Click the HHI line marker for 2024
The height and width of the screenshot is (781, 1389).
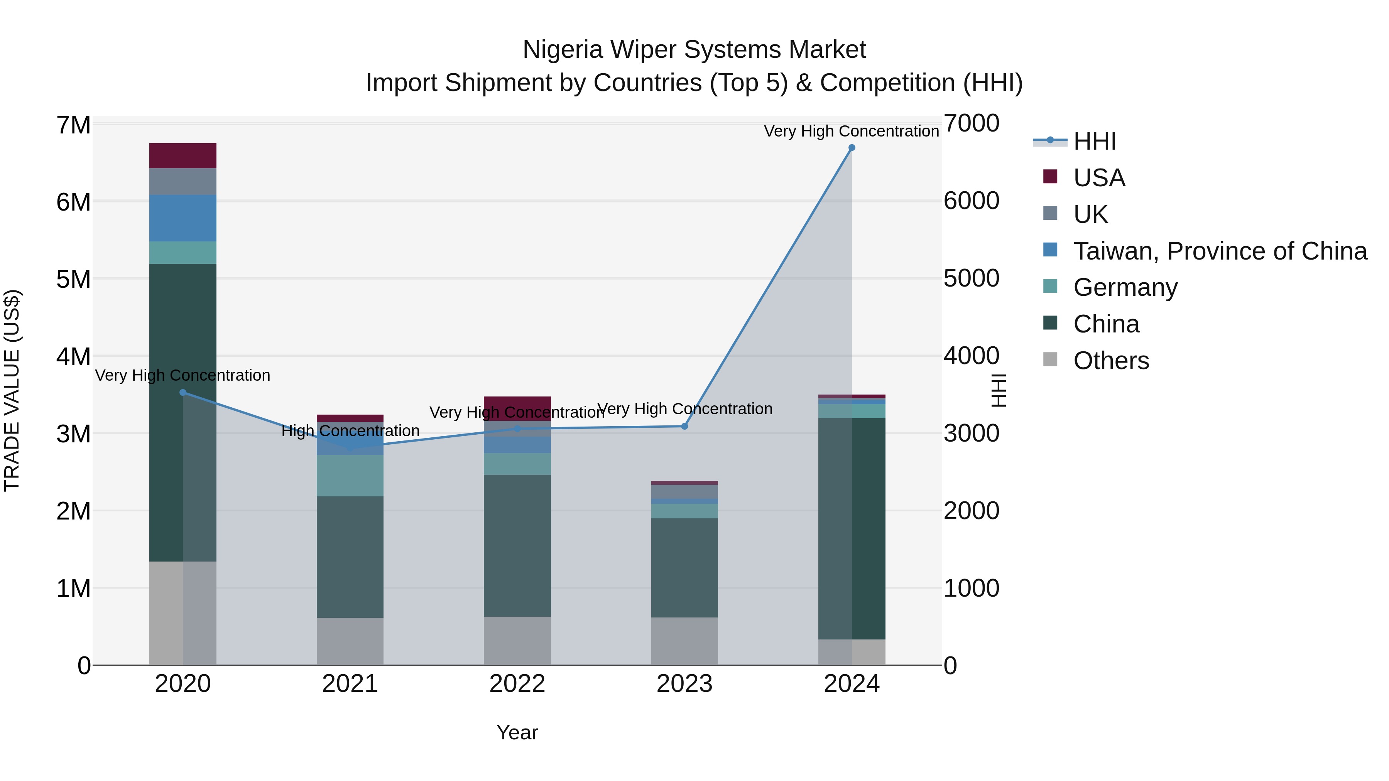pos(852,147)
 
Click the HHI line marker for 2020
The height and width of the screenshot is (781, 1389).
pos(183,392)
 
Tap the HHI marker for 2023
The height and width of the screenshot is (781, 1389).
pos(684,426)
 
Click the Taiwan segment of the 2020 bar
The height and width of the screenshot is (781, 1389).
pos(183,218)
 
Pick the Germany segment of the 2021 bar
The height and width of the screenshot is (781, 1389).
pos(350,476)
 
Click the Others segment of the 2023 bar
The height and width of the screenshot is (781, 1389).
pos(684,641)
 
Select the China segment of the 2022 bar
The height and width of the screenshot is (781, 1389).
pos(517,545)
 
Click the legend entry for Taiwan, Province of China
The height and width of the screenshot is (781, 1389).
pos(1220,251)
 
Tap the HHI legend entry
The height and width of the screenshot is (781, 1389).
pos(1094,141)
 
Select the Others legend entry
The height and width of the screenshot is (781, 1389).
pos(1111,360)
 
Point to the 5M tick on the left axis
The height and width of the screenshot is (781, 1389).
pos(73,279)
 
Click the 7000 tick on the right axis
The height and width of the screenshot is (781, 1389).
pos(971,123)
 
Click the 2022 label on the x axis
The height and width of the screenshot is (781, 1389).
pos(517,683)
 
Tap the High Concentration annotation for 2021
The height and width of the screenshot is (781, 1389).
pos(350,431)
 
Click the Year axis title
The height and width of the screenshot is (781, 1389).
pos(517,732)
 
